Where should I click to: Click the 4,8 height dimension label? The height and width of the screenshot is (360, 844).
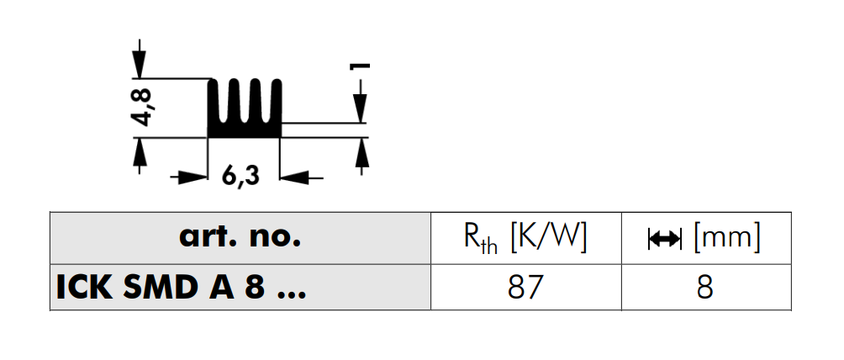(x=143, y=108)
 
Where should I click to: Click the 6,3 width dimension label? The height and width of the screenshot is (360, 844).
(x=240, y=177)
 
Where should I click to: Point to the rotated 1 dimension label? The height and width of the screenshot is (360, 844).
(x=360, y=66)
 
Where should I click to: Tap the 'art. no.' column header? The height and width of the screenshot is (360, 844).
(x=240, y=237)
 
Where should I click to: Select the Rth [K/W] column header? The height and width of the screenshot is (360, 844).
(x=525, y=237)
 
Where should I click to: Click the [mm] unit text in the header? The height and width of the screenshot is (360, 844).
(x=726, y=238)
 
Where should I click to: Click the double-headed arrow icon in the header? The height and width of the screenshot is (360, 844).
(x=665, y=239)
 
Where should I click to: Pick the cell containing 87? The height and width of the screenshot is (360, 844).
(x=526, y=288)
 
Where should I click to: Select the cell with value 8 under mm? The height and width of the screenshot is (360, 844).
(x=705, y=288)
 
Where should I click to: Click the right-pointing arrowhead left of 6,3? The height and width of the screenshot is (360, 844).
(x=194, y=177)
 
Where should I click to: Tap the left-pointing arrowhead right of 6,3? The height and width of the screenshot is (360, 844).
(x=294, y=177)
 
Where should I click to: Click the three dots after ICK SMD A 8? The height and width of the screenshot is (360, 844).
(x=291, y=296)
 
